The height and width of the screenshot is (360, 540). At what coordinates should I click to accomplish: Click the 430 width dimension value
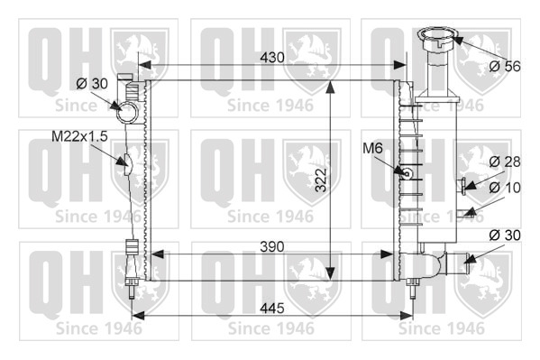[272, 58]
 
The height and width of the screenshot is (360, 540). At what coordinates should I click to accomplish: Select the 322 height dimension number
[321, 180]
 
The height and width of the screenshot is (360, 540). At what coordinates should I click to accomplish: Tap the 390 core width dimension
[272, 247]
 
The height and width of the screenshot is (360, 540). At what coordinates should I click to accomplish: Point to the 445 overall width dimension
[272, 309]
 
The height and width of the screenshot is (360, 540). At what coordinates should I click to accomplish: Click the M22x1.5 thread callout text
[79, 136]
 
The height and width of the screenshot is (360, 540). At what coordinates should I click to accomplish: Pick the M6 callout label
[372, 148]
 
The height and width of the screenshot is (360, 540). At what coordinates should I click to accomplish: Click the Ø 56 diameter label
[505, 66]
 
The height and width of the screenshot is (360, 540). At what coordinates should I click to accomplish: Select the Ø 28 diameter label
[505, 162]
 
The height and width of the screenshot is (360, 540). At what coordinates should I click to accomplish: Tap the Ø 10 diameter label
[505, 188]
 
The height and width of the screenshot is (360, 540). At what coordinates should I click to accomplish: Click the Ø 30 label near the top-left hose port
[92, 83]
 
